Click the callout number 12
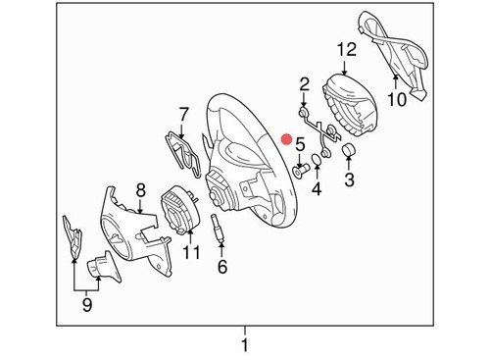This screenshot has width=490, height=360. [x=346, y=50]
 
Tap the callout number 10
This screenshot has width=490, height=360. [x=397, y=99]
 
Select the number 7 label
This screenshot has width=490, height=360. [x=183, y=114]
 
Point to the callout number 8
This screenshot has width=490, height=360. [x=140, y=190]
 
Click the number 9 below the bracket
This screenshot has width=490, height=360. [x=87, y=305]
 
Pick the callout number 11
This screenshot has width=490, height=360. [x=191, y=252]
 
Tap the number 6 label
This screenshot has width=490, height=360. [x=222, y=267]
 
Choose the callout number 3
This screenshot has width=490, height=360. [x=349, y=180]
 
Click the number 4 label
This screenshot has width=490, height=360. [x=317, y=188]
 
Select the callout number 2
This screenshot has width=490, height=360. [x=304, y=85]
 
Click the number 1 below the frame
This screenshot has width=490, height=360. [x=245, y=345]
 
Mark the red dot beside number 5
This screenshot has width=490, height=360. [x=287, y=139]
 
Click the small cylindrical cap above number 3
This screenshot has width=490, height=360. [x=349, y=149]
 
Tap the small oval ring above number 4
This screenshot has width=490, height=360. [x=317, y=159]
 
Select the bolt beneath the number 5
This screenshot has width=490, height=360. [x=299, y=171]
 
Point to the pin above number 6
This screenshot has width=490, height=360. [x=218, y=227]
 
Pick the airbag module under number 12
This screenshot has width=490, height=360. [x=348, y=104]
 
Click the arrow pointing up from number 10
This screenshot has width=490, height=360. [x=395, y=81]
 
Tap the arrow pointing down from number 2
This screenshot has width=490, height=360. [x=304, y=100]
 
